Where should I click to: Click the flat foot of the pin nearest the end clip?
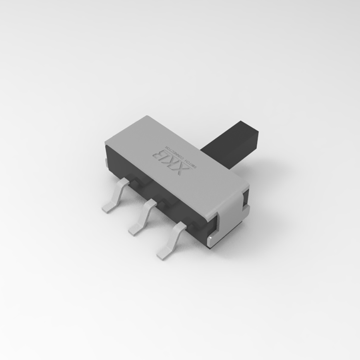click(x=164, y=252)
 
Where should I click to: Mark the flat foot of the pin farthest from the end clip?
click(x=109, y=207)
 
